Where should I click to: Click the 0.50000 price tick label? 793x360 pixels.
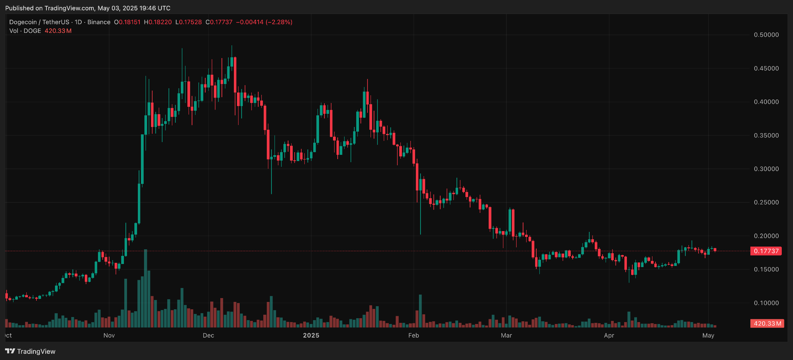tap(766, 35)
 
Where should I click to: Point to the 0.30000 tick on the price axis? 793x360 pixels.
tap(766, 169)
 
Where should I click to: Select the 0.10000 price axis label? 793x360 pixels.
tap(766, 303)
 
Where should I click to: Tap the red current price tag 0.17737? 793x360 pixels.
tap(766, 251)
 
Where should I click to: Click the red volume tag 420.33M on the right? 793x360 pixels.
tap(767, 323)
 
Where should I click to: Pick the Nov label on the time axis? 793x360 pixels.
tap(109, 335)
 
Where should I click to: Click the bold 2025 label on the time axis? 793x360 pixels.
tap(311, 335)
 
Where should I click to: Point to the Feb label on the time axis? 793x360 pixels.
tap(414, 335)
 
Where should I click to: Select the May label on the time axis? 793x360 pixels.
tap(708, 335)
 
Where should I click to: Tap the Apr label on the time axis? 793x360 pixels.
tap(609, 335)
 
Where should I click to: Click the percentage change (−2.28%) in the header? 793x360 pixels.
tap(279, 22)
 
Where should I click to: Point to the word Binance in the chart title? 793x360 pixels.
tap(99, 22)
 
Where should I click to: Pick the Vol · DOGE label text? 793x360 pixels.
tap(25, 31)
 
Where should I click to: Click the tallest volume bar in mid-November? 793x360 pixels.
tap(146, 288)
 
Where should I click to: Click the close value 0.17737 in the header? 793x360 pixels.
tap(221, 22)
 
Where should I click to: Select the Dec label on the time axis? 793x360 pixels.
tap(208, 335)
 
